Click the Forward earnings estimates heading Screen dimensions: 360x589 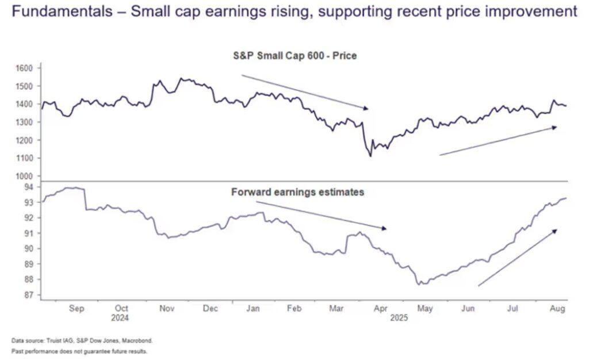point(297,192)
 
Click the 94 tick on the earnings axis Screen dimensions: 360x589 point(28,187)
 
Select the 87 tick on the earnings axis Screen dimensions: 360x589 point(28,295)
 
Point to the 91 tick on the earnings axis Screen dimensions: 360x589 point(28,233)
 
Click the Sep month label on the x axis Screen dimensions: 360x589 point(77,309)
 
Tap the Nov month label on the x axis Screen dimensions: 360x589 point(167,309)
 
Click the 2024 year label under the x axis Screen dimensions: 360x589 point(121,317)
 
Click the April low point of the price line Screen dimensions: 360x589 point(370,156)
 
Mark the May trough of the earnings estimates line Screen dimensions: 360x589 point(420,284)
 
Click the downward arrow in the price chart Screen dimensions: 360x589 point(304,91)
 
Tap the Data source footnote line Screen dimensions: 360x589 point(82,340)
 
